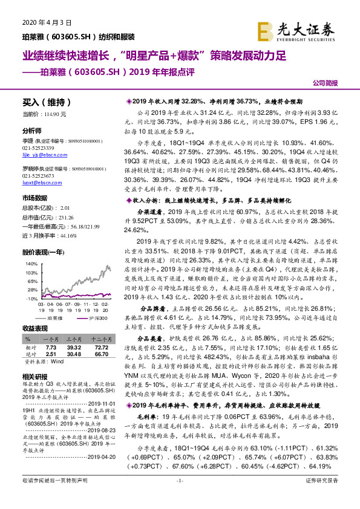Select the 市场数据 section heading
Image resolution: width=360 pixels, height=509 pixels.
[34, 198]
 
